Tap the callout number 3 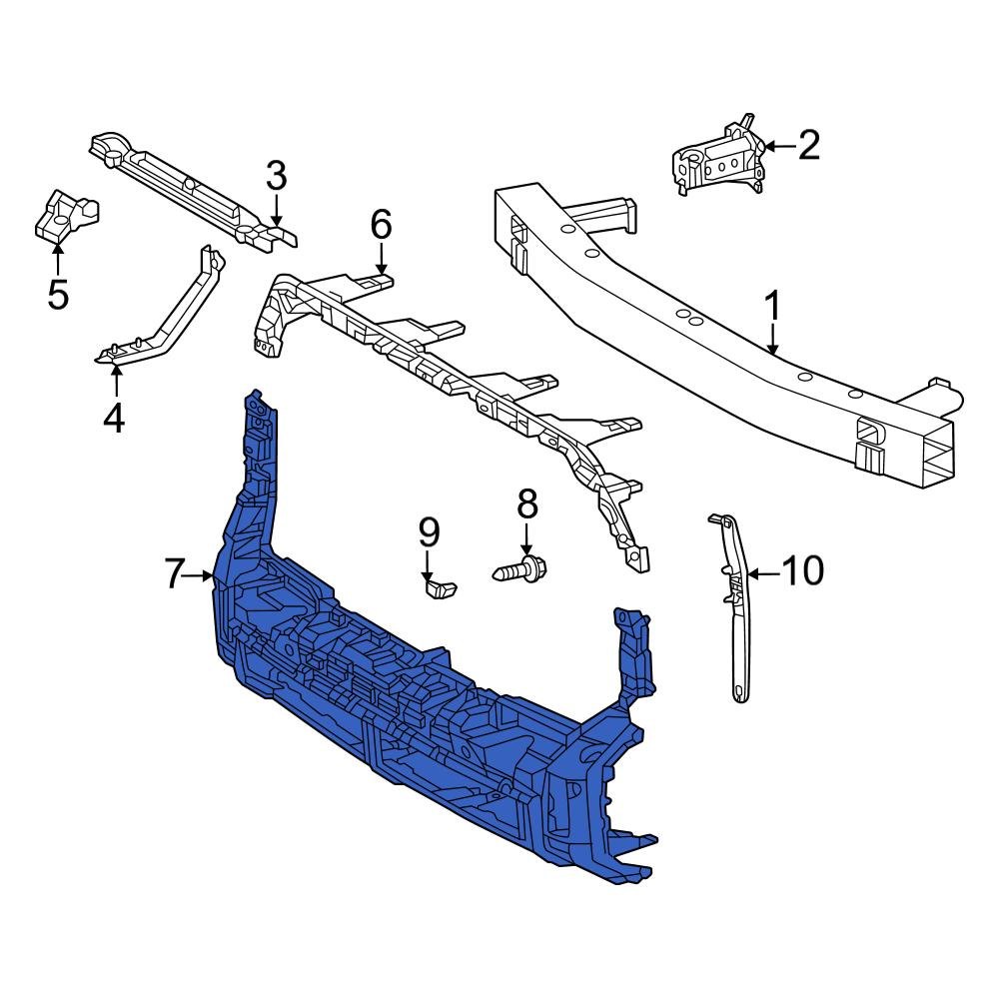(x=277, y=177)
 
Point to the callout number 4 (x=115, y=417)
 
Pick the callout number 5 (x=58, y=295)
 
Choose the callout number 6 (x=381, y=225)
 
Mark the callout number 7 (x=175, y=574)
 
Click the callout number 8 (x=526, y=504)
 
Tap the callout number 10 (x=801, y=571)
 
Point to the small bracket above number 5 (x=66, y=214)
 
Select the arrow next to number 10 (x=761, y=573)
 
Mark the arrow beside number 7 (x=200, y=575)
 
